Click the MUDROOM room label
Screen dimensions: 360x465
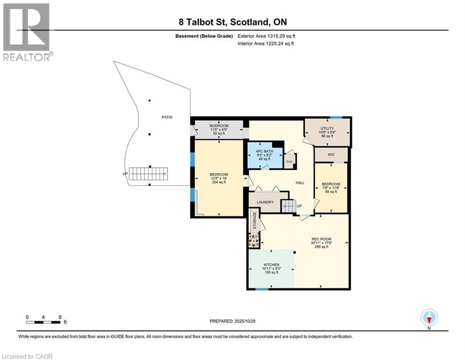[219, 126]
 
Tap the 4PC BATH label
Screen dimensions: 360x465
[265, 151]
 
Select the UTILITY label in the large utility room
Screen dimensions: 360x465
[327, 128]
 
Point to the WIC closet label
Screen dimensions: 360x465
[331, 154]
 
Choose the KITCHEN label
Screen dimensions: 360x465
[271, 265]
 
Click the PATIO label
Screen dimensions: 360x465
[167, 117]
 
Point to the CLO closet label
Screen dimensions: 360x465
[289, 162]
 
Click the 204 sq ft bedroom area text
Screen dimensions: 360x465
[218, 182]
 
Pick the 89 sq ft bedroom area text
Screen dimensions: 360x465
[332, 192]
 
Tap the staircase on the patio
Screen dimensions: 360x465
[148, 174]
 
